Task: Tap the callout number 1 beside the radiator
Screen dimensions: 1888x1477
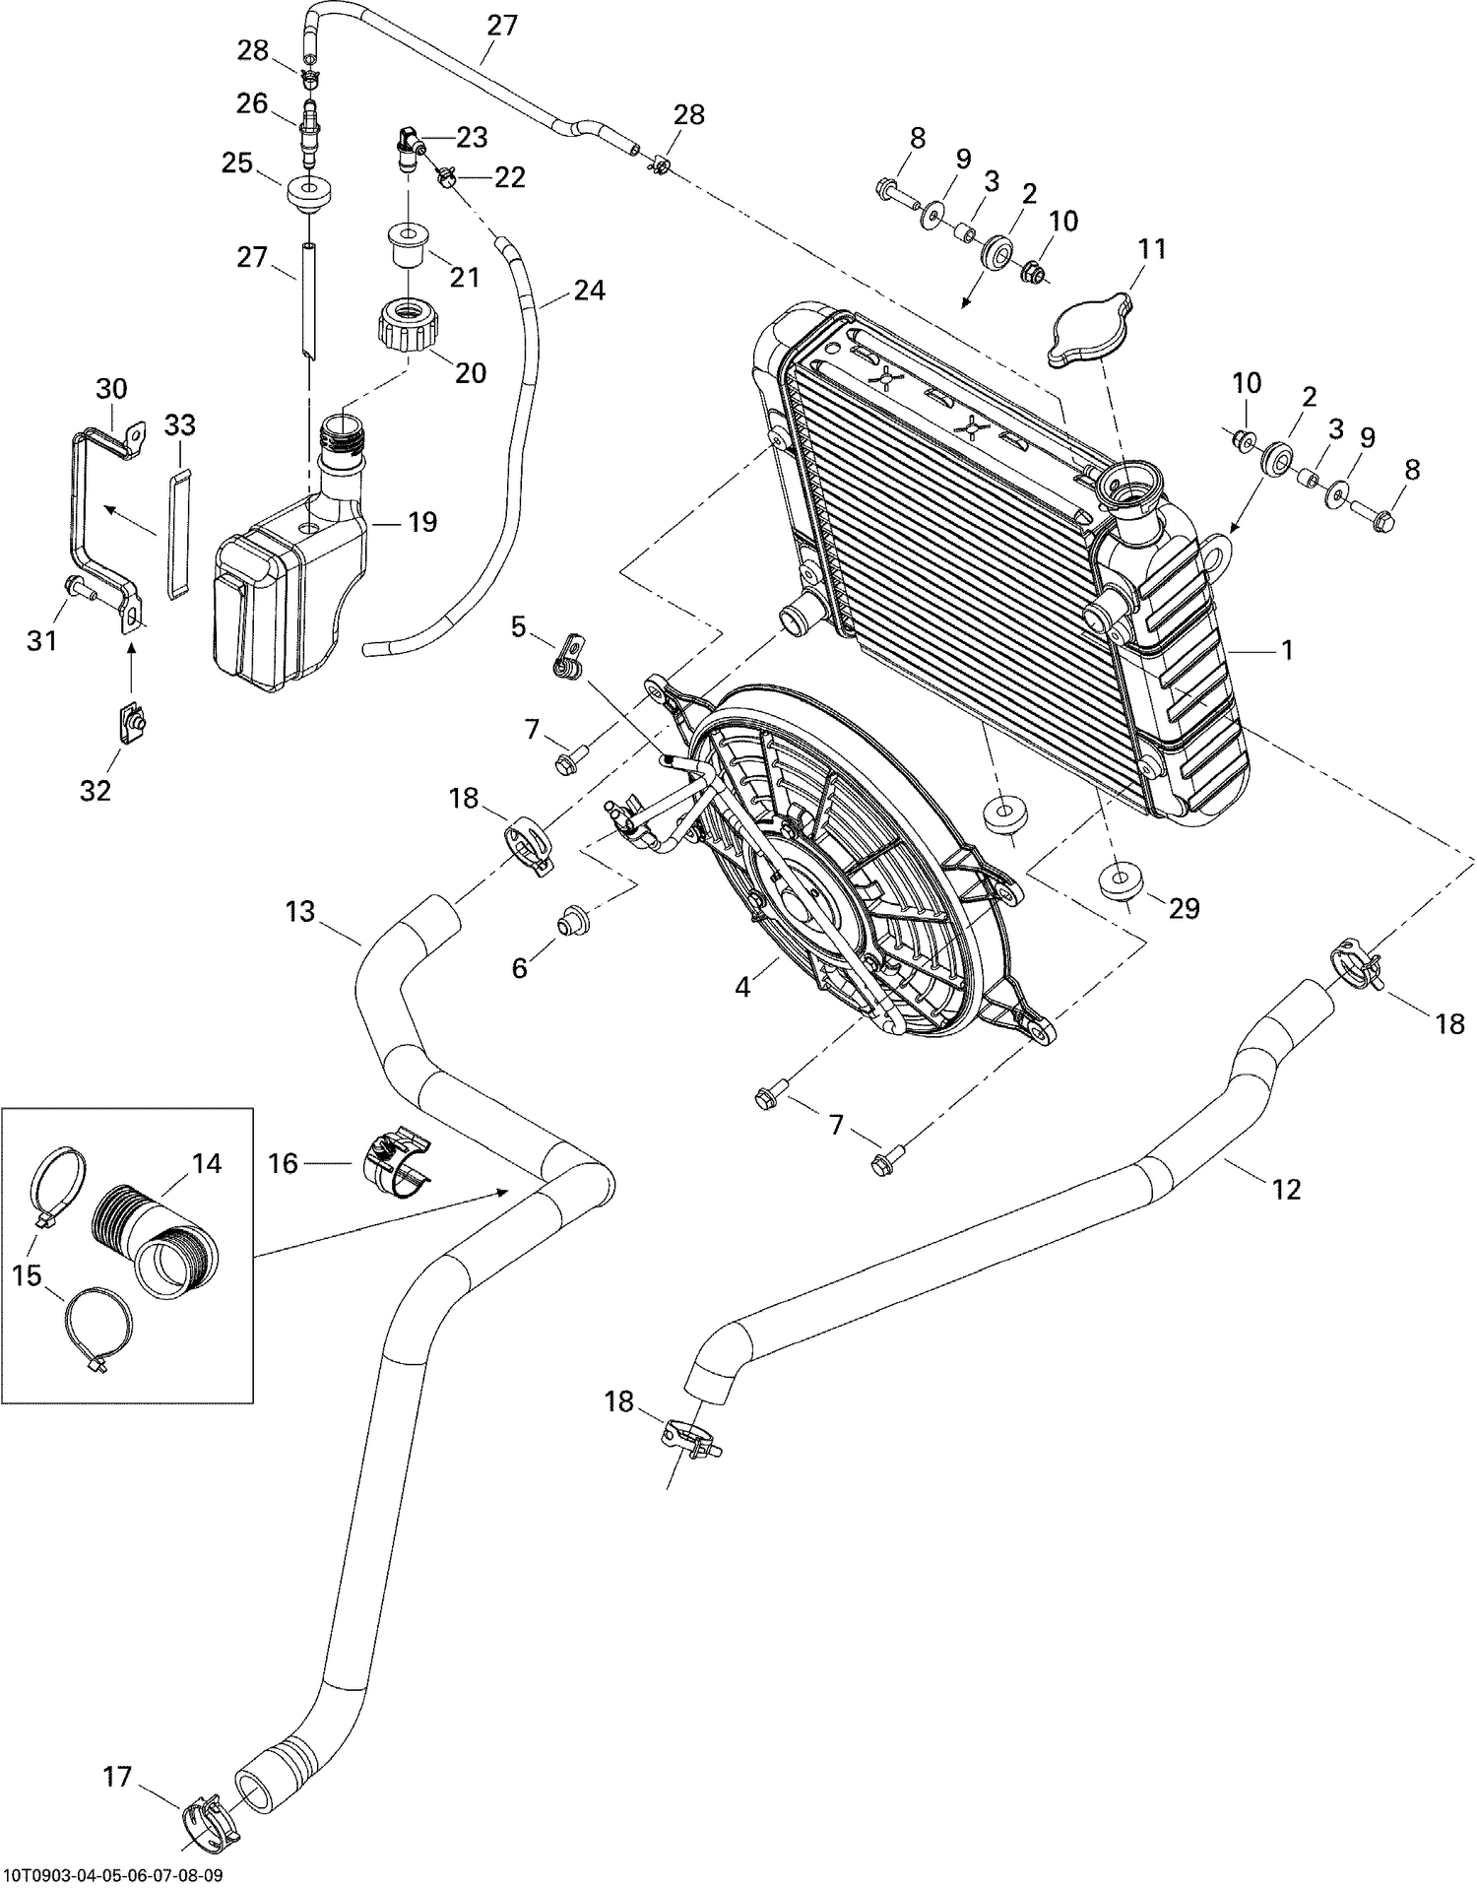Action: point(1286,651)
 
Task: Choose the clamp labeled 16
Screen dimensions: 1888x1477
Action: point(398,1165)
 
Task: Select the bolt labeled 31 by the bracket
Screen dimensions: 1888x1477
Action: point(77,588)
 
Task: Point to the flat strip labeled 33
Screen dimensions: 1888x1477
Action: point(178,536)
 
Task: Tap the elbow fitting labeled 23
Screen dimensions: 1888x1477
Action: point(409,147)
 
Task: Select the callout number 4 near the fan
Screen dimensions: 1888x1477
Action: point(742,987)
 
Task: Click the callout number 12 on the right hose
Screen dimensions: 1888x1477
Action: point(1286,1190)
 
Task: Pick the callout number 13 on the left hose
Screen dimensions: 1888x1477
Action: point(300,912)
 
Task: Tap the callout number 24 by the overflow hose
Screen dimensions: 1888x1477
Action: point(589,291)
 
